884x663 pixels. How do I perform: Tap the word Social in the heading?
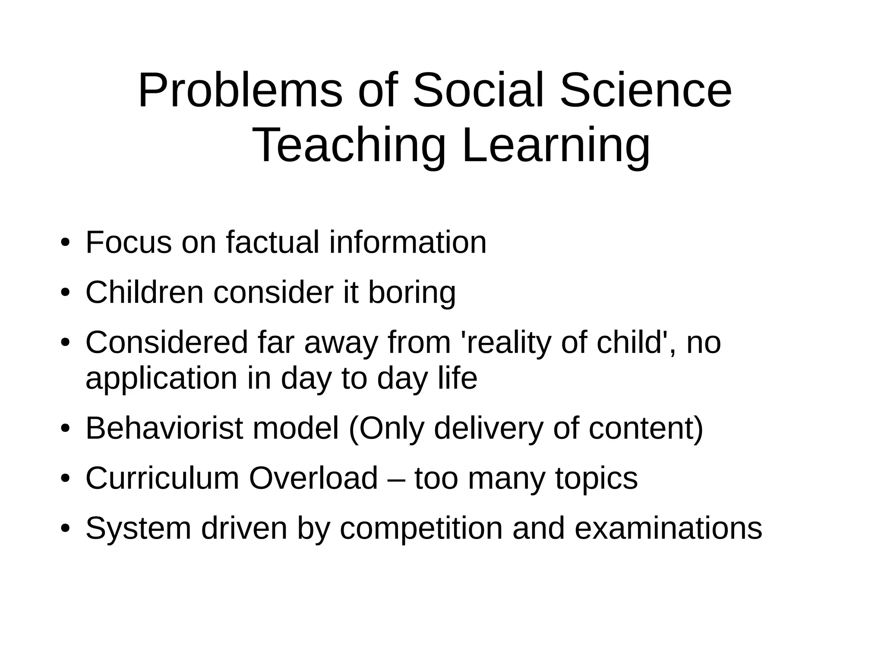478,91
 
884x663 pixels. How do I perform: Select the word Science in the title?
646,91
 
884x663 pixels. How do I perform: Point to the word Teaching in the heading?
350,145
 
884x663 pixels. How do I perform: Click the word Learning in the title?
556,145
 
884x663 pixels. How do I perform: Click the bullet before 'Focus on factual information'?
65,243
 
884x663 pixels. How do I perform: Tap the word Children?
144,292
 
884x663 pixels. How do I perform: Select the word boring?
411,293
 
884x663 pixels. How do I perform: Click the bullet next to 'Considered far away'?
65,343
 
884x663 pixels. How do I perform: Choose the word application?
161,379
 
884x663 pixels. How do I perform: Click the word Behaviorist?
164,428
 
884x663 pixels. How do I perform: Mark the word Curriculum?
162,478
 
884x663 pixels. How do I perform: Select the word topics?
596,479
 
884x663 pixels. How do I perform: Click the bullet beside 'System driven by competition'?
65,529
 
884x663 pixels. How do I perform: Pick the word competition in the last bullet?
421,529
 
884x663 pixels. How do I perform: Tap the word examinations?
668,528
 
